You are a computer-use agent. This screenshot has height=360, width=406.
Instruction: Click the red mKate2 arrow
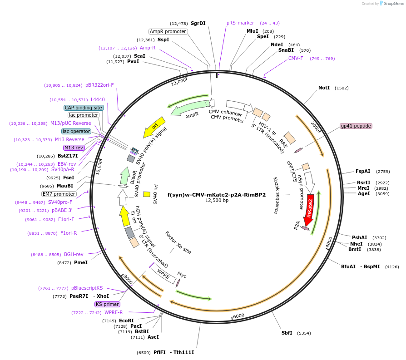pyautogui.click(x=310, y=210)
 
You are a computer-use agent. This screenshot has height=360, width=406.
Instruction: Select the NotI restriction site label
pyautogui.click(x=324, y=88)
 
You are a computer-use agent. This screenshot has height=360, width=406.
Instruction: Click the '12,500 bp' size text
pyautogui.click(x=217, y=200)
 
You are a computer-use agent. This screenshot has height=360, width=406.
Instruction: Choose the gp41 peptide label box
pyautogui.click(x=356, y=126)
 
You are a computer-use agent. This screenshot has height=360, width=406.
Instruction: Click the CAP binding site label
pyautogui.click(x=84, y=108)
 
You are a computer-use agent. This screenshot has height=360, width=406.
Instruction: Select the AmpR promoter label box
pyautogui.click(x=168, y=31)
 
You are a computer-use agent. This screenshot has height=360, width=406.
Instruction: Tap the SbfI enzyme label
pyautogui.click(x=287, y=333)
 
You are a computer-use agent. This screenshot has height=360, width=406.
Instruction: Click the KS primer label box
pyautogui.click(x=107, y=304)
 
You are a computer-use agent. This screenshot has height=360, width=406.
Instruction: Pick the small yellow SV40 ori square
pyautogui.click(x=147, y=194)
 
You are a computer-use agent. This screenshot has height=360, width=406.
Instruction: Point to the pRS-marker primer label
pyautogui.click(x=240, y=23)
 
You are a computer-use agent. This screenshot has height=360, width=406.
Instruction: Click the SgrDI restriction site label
pyautogui.click(x=198, y=23)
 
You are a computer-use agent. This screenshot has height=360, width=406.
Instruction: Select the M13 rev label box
pyautogui.click(x=74, y=148)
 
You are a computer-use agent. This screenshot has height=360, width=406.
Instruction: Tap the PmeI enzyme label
pyautogui.click(x=81, y=262)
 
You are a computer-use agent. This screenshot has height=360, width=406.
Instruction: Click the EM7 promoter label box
pyautogui.click(x=59, y=194)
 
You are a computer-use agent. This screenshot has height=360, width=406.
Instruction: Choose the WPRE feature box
pyautogui.click(x=163, y=273)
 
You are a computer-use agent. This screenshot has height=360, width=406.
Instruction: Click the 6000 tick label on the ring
pyautogui.click(x=238, y=316)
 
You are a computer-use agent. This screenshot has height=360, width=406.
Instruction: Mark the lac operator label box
pyautogui.click(x=76, y=131)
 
